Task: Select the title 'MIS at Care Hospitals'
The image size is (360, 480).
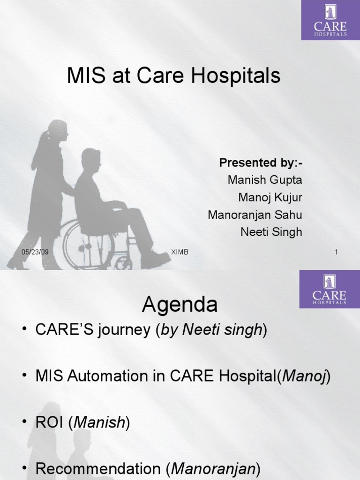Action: (173, 76)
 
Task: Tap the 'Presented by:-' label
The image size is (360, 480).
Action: (261, 163)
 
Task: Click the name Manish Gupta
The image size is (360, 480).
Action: (265, 180)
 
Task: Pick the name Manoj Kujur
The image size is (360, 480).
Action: (270, 197)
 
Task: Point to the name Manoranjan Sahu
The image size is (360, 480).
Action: (255, 215)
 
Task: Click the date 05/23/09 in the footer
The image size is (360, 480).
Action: (35, 252)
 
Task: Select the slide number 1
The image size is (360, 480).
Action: (336, 253)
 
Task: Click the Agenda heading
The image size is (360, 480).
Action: (180, 305)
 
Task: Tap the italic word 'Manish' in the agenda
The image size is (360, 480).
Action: (99, 423)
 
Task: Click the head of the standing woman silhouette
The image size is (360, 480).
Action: (58, 129)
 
